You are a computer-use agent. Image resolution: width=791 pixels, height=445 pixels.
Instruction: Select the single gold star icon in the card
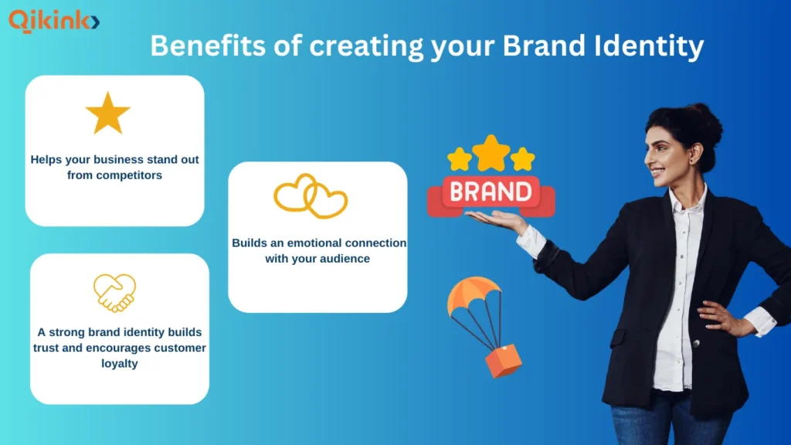pos(107,114)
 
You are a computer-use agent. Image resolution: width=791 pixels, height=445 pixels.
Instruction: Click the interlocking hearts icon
pos(311,196)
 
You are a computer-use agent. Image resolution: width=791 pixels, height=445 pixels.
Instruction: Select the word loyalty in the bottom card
pos(119,363)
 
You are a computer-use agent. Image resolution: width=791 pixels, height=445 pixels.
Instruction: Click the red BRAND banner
pos(491,192)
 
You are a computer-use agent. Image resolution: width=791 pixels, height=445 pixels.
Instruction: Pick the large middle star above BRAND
pos(491,152)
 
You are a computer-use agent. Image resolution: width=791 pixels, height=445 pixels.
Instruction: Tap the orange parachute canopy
pos(473,295)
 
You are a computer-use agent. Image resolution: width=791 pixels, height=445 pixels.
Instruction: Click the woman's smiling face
pos(666,155)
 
